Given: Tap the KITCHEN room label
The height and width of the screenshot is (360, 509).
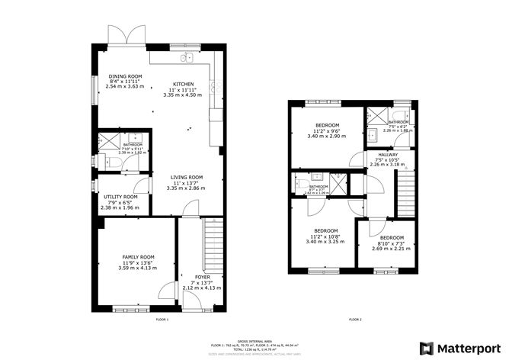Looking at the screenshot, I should (x=183, y=84).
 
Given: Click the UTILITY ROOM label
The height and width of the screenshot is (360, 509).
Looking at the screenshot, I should (x=120, y=196).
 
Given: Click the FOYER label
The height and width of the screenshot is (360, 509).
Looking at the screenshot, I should (x=202, y=277).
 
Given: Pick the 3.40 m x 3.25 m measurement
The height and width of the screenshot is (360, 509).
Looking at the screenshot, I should (x=326, y=242).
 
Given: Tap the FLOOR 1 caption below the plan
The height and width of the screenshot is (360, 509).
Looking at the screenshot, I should (x=162, y=320).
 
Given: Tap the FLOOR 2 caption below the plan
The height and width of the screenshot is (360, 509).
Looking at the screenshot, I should (x=355, y=320).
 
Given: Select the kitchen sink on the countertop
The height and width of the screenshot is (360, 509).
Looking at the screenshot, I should (x=187, y=58).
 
